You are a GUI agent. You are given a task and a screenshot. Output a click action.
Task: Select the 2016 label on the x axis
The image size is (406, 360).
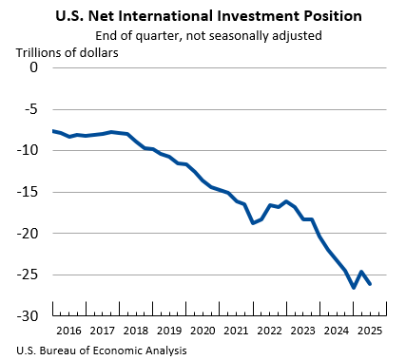coord(69,331)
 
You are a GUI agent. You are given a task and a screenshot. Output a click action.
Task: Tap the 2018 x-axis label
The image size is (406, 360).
coord(136,331)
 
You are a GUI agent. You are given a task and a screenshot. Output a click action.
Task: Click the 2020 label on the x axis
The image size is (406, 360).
coord(203,331)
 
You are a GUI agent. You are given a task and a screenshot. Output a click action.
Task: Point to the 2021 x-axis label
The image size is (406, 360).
coord(236,331)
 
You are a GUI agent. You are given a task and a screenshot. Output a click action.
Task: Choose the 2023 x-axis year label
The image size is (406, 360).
coord(302,331)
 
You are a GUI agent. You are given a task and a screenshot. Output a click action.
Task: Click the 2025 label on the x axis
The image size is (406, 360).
coord(369,331)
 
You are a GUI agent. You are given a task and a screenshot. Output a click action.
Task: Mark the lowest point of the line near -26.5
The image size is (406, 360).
coord(353,287)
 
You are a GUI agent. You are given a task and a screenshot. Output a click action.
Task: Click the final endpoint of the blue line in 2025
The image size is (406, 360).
coord(370,283)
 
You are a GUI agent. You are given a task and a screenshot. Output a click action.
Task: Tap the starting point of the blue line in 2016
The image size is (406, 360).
coord(54,130)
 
